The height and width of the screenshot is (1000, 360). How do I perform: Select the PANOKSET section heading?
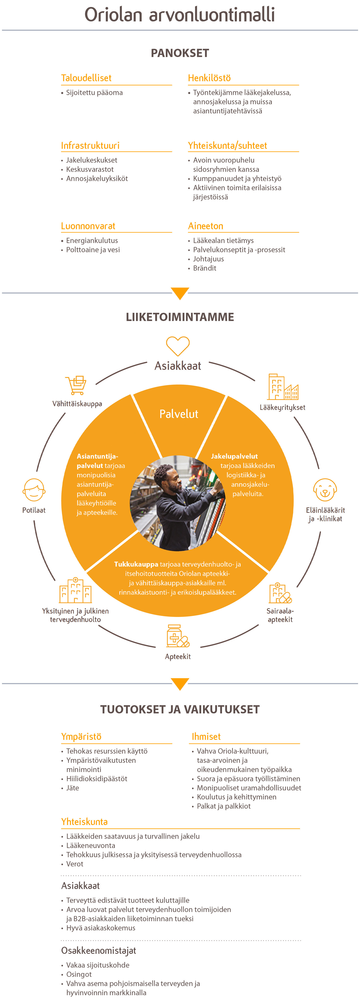[180, 53]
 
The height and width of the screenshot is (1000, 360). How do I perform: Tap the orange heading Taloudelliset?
[86, 78]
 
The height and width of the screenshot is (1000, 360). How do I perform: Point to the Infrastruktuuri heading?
[90, 146]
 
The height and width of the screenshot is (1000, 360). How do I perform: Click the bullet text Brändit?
[205, 268]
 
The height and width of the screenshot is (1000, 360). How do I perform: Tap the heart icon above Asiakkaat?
[178, 345]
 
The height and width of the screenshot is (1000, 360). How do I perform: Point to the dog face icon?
[325, 490]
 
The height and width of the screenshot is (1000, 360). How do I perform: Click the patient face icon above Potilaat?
[34, 490]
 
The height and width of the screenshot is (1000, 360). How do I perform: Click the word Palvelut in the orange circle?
[179, 414]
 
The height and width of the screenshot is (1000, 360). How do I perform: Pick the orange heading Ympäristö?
[81, 736]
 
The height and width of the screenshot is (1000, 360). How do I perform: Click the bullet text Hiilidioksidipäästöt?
[97, 779]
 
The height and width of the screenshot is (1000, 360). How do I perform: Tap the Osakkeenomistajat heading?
[99, 951]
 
